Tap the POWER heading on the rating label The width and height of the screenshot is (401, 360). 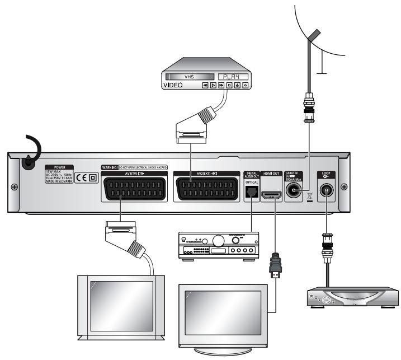coord(60,167)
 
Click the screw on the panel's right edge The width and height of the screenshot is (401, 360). coord(343,186)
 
